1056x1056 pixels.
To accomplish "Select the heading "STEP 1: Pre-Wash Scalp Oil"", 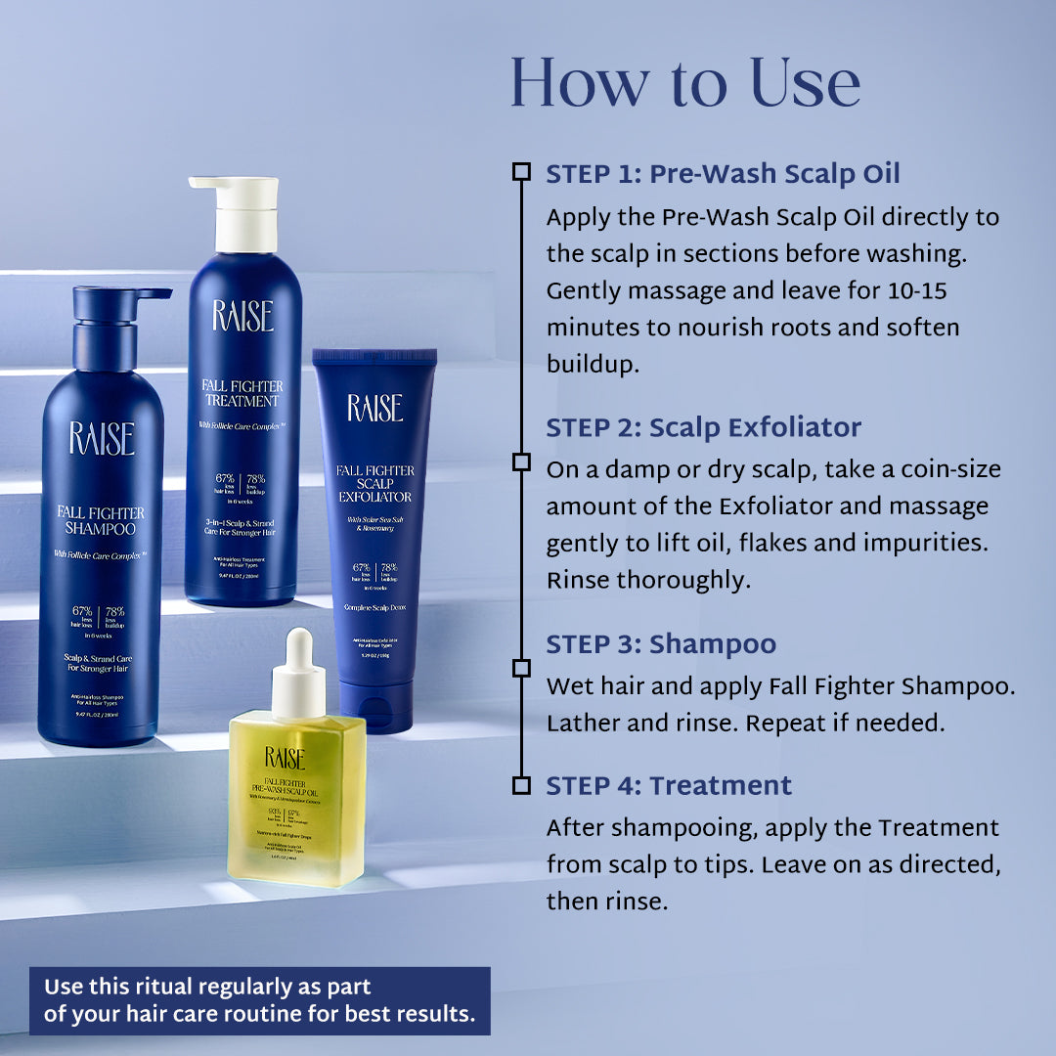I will [723, 174].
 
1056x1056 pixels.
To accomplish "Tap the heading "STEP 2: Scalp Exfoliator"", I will [703, 427].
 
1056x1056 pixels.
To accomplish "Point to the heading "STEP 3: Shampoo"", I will [661, 643].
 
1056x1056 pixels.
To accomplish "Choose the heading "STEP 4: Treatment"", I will [669, 785].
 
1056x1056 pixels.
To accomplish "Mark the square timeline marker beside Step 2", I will [521, 462].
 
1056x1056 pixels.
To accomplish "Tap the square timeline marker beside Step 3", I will [521, 668].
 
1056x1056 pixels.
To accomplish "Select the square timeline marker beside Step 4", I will [521, 785].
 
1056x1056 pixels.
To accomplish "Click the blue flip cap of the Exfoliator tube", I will [375, 706].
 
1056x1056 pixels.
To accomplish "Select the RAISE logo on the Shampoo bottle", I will [101, 439].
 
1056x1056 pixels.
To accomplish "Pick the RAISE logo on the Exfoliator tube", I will [375, 408].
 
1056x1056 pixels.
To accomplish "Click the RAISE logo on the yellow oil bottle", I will [285, 758].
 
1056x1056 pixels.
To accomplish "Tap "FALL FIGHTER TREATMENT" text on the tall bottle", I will [242, 391].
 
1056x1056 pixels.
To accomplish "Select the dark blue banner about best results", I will [259, 1000].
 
